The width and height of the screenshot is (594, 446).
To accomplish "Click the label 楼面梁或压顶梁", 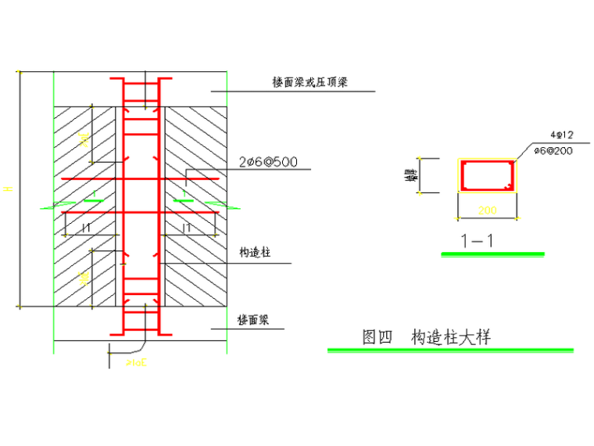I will pyautogui.click(x=311, y=82).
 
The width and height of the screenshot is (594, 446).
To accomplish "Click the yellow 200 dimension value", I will pyautogui.click(x=487, y=210).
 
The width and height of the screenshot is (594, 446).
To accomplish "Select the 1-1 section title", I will pyautogui.click(x=477, y=241).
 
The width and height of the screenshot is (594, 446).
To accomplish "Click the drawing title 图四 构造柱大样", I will pyautogui.click(x=427, y=337).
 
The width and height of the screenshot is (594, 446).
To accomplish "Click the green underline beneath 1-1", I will pyautogui.click(x=492, y=254).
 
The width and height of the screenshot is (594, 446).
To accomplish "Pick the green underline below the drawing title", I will pyautogui.click(x=450, y=350).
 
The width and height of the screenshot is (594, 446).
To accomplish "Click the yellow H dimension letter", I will pyautogui.click(x=9, y=188).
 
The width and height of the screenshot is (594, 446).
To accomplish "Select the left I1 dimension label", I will pyautogui.click(x=87, y=227).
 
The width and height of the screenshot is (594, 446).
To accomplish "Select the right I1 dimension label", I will pyautogui.click(x=187, y=227).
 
